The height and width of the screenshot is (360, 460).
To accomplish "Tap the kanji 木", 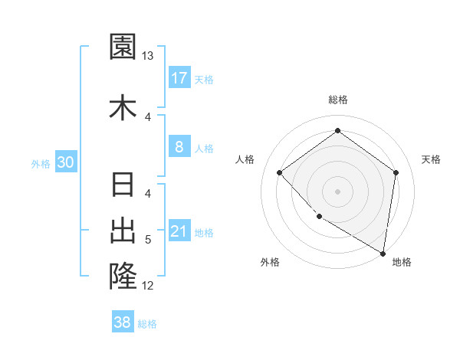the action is tap(123, 107).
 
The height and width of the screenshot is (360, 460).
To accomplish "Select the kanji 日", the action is tap(123, 186).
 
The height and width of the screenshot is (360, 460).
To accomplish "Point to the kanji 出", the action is tap(123, 231).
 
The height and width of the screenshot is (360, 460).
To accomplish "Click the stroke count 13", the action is tap(148, 56).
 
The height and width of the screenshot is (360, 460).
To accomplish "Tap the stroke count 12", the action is tap(148, 286).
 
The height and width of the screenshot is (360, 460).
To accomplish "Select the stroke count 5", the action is tap(148, 240).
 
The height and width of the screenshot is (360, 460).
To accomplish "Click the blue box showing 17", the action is tap(179, 77).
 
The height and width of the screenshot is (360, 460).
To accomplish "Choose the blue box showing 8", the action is tap(179, 147).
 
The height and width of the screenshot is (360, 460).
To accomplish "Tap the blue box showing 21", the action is tap(179, 231).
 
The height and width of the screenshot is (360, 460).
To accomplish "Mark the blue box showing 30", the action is tap(65, 162).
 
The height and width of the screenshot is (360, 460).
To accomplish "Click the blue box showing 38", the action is tap(123, 322).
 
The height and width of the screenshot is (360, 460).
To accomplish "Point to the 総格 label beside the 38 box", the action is tap(147, 324).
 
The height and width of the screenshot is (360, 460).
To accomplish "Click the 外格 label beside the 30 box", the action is tap(41, 163).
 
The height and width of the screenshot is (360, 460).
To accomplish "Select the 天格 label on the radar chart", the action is tap(432, 159).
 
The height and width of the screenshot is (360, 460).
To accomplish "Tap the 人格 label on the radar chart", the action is tap(245, 159).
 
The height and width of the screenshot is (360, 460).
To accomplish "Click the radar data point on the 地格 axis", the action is tap(383, 252).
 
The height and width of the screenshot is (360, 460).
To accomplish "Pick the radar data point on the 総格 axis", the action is tap(337, 131).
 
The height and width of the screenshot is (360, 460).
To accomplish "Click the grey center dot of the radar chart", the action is tap(337, 191).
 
